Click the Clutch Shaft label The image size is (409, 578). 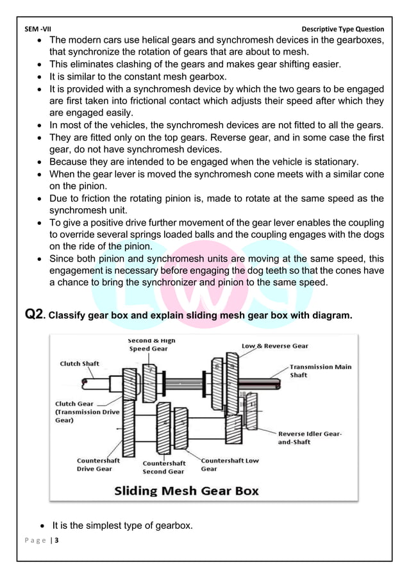(x=79, y=363)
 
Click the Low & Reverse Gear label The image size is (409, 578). (x=274, y=346)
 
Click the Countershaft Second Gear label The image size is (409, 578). (x=163, y=467)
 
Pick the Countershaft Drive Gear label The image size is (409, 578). (x=94, y=465)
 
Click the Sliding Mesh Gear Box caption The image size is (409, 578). (x=187, y=491)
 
